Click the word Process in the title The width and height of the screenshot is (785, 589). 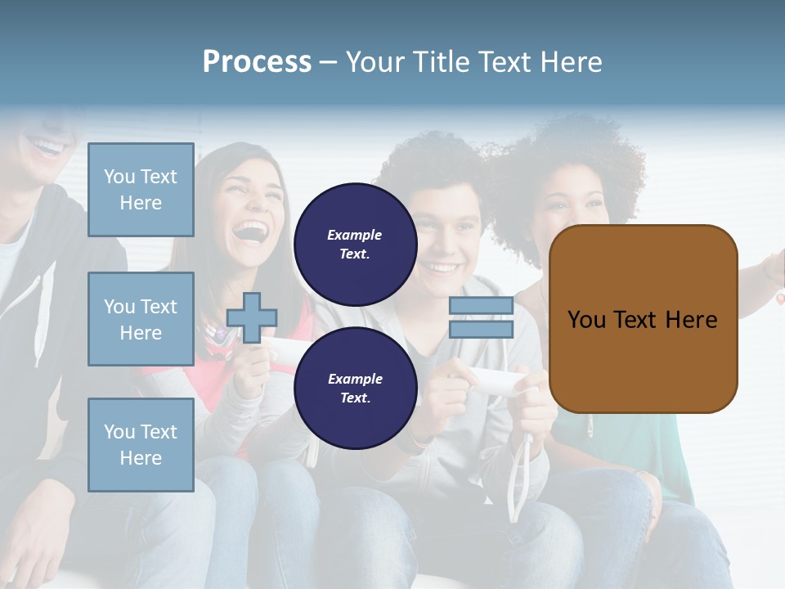tap(257, 62)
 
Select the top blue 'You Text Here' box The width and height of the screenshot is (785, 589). tap(141, 190)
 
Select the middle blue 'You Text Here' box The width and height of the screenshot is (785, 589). tap(141, 319)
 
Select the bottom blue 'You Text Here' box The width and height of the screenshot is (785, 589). tap(141, 444)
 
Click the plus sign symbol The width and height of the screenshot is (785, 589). tap(252, 317)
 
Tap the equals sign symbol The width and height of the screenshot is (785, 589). tap(481, 317)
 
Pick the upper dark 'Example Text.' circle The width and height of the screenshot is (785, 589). tap(355, 244)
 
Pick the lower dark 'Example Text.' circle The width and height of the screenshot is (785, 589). tap(355, 388)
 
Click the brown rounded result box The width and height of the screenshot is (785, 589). tap(643, 319)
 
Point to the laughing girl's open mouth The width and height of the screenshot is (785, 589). tap(251, 231)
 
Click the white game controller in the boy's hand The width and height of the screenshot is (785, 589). tap(495, 380)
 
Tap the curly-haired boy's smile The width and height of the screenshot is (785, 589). tap(441, 268)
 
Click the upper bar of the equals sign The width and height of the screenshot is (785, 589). tap(481, 306)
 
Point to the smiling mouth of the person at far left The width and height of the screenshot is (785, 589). tap(47, 147)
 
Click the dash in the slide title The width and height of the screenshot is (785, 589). tap(328, 63)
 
